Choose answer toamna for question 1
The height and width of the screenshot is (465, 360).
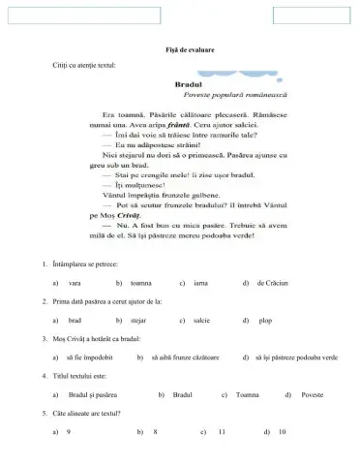click(x=141, y=283)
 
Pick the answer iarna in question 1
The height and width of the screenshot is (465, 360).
click(x=202, y=283)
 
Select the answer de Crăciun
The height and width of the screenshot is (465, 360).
click(x=270, y=283)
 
